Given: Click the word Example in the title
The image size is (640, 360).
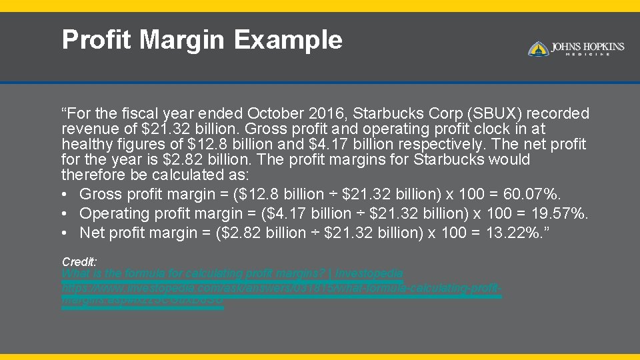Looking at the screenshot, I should [x=288, y=40].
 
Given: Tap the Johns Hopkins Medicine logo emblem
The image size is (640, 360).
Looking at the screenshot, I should [x=538, y=49].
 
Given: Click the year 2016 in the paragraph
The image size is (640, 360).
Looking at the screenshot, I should [x=331, y=113].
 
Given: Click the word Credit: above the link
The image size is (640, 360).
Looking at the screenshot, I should [x=79, y=262].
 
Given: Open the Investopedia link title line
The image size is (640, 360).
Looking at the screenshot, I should [x=232, y=274].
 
